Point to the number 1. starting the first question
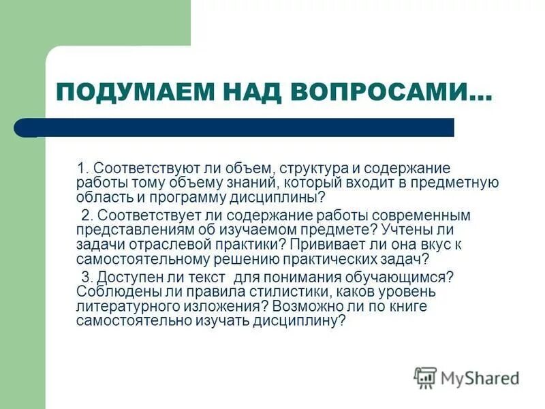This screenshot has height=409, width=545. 82,168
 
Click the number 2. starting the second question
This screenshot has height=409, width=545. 86,215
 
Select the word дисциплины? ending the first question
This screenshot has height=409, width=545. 275,198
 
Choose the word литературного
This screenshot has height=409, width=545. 127,307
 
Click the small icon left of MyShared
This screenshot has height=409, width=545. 425,377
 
